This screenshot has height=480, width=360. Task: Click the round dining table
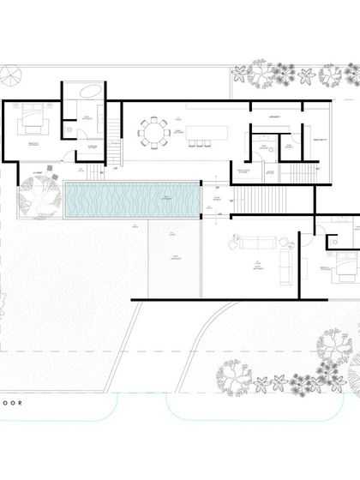pos(155,132)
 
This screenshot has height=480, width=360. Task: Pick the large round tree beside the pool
pos(37,203)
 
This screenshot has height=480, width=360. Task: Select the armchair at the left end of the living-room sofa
pos(231,248)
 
